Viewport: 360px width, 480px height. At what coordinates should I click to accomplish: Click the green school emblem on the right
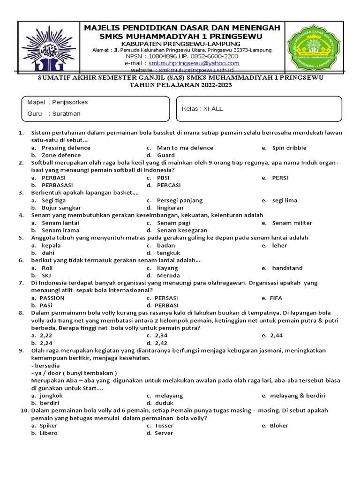point(315,47)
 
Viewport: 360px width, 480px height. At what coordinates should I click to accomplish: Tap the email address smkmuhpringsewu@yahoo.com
point(194,63)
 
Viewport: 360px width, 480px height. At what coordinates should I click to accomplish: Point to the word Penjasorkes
point(70,102)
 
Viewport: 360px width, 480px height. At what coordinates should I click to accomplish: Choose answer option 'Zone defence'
point(61,155)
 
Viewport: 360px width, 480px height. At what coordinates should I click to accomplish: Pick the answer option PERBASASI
point(60,185)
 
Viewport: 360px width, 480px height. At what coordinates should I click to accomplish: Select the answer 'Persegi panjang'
point(180,200)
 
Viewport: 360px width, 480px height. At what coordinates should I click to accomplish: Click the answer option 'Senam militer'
point(292,223)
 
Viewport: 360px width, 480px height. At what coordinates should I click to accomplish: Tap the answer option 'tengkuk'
point(169,253)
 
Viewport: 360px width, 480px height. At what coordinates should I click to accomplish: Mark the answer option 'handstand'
point(287,268)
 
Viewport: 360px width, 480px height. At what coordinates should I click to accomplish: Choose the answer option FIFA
point(276,298)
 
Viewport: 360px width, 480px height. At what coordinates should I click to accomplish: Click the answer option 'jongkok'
point(52,395)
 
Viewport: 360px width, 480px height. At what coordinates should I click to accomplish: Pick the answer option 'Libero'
point(48,433)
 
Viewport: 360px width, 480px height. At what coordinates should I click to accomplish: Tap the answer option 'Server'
point(164,433)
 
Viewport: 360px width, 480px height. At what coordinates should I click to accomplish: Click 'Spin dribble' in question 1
point(289,148)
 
